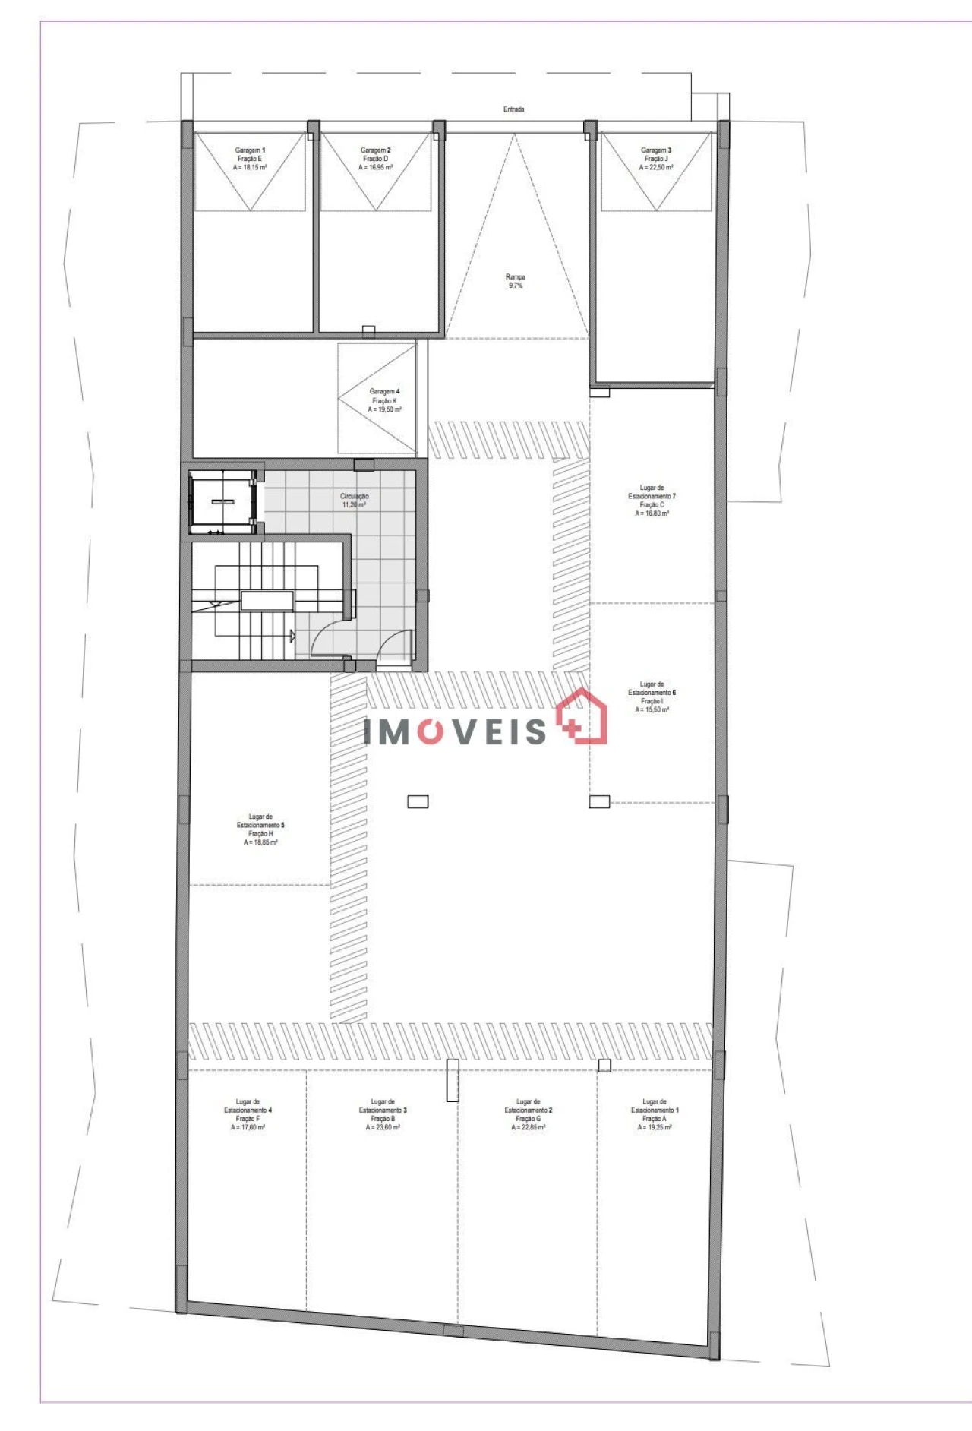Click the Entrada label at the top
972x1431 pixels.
pyautogui.click(x=513, y=109)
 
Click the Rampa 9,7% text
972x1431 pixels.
pyautogui.click(x=516, y=281)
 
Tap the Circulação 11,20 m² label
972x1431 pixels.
pyautogui.click(x=355, y=501)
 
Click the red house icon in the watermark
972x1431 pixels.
pyautogui.click(x=583, y=716)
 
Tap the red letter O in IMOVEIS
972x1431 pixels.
pyautogui.click(x=430, y=731)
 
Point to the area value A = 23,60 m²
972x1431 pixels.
pyautogui.click(x=383, y=1128)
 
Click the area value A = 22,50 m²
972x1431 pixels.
pyautogui.click(x=656, y=168)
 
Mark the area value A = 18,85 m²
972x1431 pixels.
pyautogui.click(x=260, y=842)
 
